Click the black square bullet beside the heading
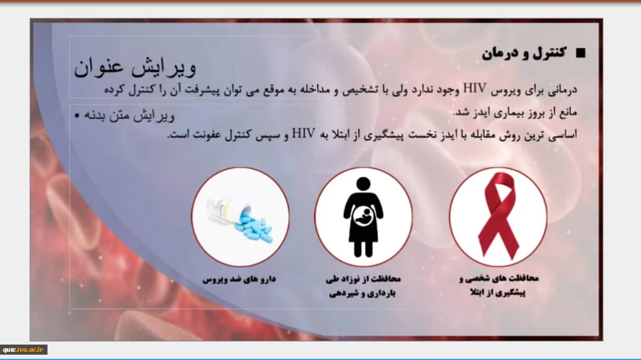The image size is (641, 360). pyautogui.click(x=580, y=53)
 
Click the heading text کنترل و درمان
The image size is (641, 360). pyautogui.click(x=524, y=53)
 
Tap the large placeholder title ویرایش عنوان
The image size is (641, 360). pyautogui.click(x=135, y=66)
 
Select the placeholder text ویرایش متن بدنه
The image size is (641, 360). pyautogui.click(x=129, y=116)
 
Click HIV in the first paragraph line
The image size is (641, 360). pyautogui.click(x=475, y=88)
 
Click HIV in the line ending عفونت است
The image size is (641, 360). pyautogui.click(x=303, y=133)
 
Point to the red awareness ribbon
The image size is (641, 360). pyautogui.click(x=499, y=215)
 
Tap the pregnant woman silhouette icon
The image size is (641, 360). pyautogui.click(x=363, y=217)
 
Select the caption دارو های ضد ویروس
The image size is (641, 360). pyautogui.click(x=239, y=279)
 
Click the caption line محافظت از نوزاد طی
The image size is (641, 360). pyautogui.click(x=363, y=279)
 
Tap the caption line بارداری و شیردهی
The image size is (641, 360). pyautogui.click(x=363, y=294)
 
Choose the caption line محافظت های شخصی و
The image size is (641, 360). pyautogui.click(x=499, y=279)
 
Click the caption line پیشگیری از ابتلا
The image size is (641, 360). pyautogui.click(x=498, y=292)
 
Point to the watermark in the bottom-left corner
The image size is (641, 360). pyautogui.click(x=23, y=350)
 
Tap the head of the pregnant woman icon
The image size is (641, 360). pyautogui.click(x=363, y=184)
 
